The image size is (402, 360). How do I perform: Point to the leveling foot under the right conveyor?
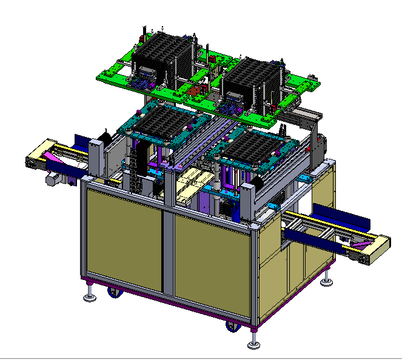(x=328, y=281)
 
